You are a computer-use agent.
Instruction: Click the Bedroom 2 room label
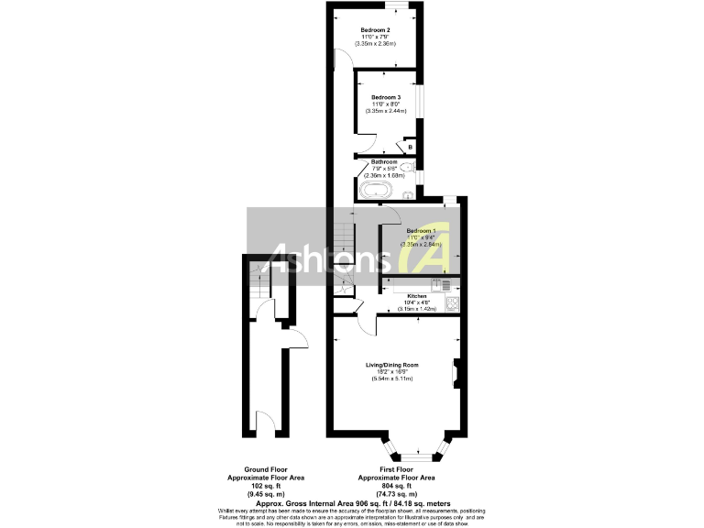tap(375, 30)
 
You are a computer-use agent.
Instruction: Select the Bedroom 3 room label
tap(386, 96)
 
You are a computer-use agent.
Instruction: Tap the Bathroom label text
tap(383, 161)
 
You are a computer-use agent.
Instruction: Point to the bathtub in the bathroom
tap(377, 191)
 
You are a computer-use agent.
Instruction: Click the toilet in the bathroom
tap(408, 168)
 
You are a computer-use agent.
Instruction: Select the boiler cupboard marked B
tap(410, 147)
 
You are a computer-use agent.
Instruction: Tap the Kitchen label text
tap(417, 297)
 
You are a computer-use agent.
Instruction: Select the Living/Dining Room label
tap(391, 366)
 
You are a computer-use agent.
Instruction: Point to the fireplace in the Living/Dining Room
tap(454, 372)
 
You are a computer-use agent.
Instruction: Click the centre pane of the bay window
tap(417, 456)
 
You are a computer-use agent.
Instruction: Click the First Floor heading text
tap(396, 467)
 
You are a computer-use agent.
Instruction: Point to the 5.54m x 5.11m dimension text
tap(391, 379)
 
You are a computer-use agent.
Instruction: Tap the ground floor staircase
tap(259, 287)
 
